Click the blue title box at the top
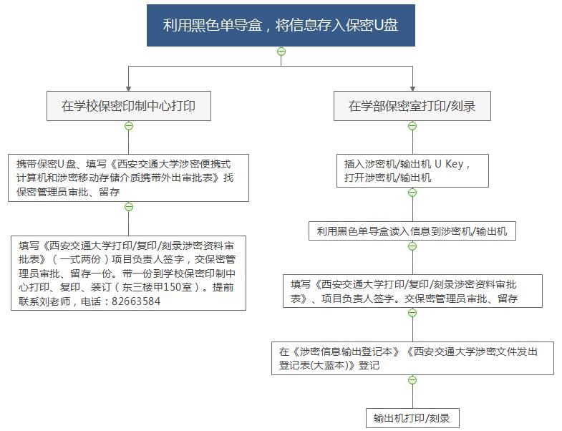(281, 25)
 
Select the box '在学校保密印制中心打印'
(129, 106)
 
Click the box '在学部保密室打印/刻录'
(412, 106)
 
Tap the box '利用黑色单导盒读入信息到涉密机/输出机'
(412, 231)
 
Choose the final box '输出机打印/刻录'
(412, 417)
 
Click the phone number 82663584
(136, 301)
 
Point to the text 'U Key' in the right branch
(449, 164)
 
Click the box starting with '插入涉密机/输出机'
(412, 170)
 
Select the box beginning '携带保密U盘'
(128, 178)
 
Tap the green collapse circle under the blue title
(281, 52)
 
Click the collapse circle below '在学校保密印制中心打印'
(129, 126)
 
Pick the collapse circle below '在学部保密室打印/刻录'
(412, 126)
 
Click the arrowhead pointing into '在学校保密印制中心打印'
(129, 89)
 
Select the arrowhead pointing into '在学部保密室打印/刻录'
(412, 89)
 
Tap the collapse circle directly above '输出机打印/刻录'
(412, 379)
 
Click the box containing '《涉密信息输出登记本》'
(412, 358)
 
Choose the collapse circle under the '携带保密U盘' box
(129, 207)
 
